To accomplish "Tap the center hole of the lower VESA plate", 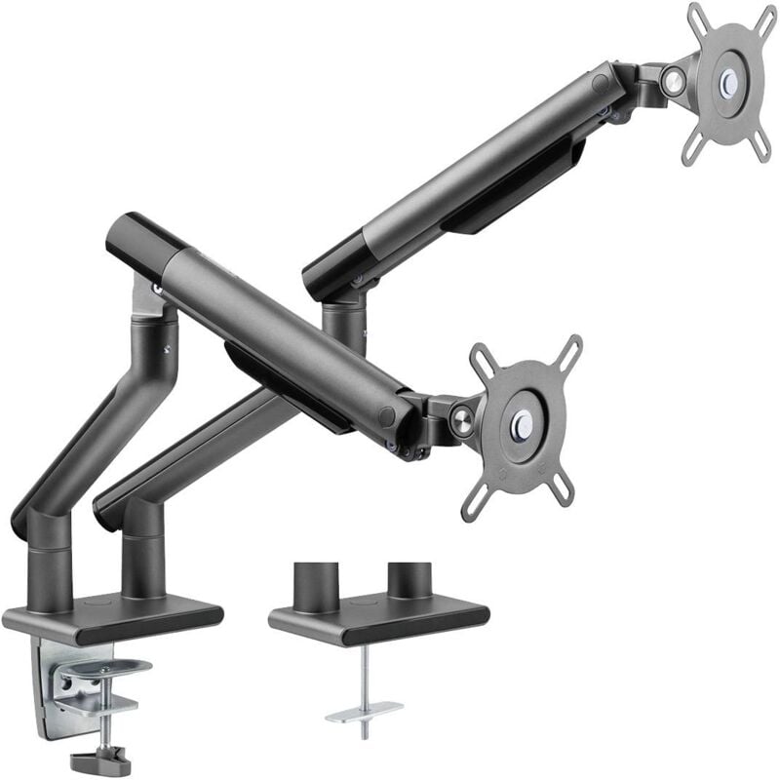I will coord(524,421).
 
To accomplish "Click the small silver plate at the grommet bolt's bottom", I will coord(365,710).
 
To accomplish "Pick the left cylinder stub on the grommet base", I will coord(315,583).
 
